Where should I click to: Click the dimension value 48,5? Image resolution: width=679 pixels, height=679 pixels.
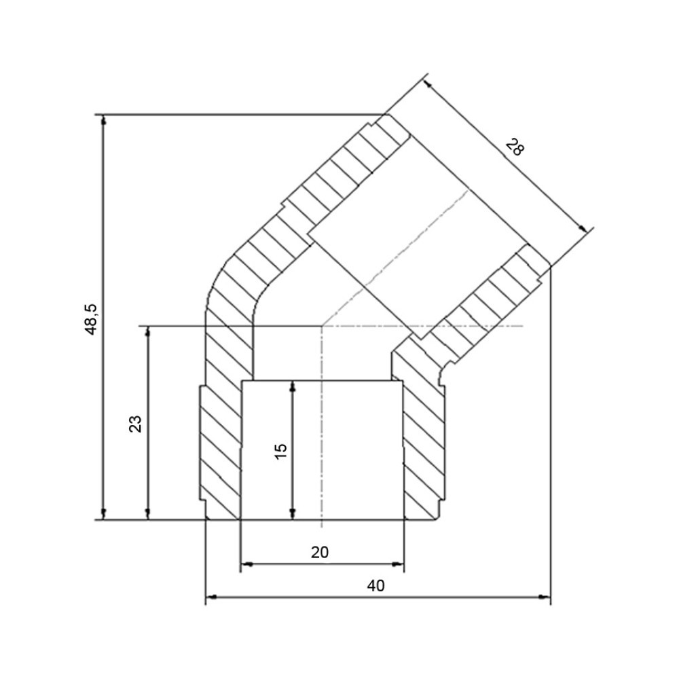click(x=92, y=319)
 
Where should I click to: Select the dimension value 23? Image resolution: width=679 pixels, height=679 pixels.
click(x=135, y=424)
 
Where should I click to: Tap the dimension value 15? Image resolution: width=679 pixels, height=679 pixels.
click(x=280, y=452)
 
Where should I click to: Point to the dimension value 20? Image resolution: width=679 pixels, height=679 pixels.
click(x=320, y=552)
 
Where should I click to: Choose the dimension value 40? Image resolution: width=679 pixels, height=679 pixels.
click(x=376, y=586)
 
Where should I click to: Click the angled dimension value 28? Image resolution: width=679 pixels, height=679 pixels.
click(x=515, y=147)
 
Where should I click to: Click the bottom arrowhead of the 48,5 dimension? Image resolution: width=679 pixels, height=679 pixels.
click(x=103, y=513)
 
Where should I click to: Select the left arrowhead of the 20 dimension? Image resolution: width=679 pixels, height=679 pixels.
click(x=246, y=564)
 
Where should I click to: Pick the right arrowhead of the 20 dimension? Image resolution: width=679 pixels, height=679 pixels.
click(x=398, y=564)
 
